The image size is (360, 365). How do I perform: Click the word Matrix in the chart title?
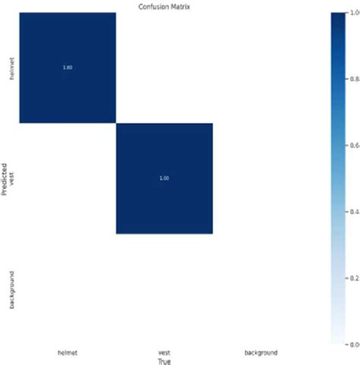(x=179, y=6)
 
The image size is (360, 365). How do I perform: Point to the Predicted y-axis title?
(x=5, y=178)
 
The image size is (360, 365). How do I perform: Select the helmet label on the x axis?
(x=67, y=352)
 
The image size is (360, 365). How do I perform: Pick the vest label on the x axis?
(x=164, y=352)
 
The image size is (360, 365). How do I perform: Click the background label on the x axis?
(x=261, y=352)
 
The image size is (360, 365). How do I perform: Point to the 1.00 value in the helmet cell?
(x=68, y=68)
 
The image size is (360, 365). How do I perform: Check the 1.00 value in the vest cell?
(x=164, y=178)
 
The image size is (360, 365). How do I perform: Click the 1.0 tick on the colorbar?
(x=355, y=13)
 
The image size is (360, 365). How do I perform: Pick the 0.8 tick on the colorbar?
(x=355, y=79)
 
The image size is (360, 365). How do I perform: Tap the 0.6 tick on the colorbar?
(x=355, y=145)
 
